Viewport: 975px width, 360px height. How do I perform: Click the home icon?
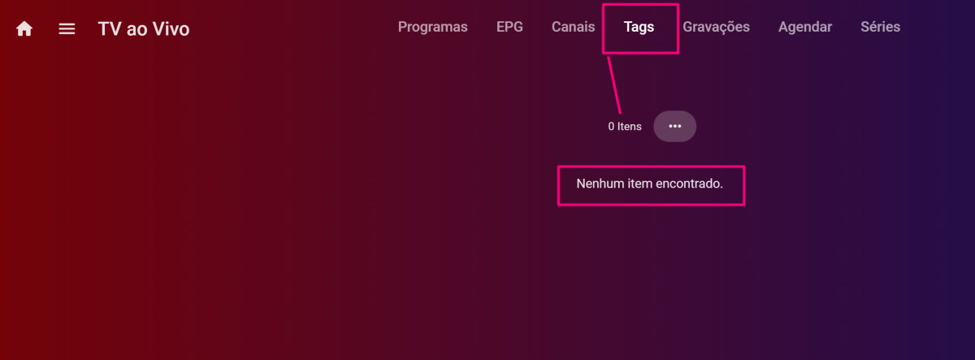24,29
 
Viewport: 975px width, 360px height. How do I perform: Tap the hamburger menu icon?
67,29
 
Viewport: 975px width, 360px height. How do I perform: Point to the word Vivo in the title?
171,29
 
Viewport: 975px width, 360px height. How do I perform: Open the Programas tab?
432,27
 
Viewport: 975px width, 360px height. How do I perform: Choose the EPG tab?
509,27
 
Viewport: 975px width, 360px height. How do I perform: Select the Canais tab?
573,27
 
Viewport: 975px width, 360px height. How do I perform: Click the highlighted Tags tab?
639,28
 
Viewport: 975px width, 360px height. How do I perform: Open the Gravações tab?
716,27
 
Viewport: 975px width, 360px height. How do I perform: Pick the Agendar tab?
804,27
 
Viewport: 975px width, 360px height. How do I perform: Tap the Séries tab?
880,27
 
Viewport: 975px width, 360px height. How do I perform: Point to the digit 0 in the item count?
611,127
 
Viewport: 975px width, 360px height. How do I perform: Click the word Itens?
629,127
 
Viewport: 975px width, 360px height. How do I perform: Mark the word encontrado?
691,184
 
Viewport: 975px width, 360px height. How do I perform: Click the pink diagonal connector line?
615,84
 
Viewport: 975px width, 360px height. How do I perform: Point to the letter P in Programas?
402,27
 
